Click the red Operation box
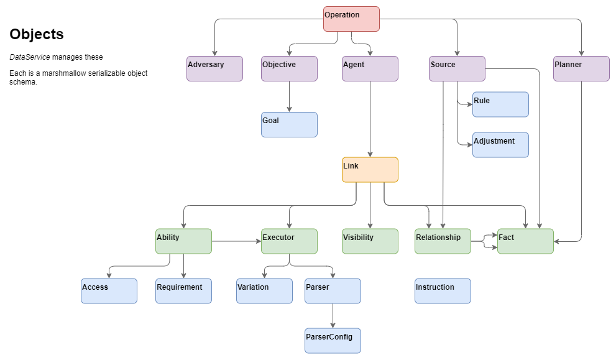coord(351,19)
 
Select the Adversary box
coord(214,68)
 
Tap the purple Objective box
coord(289,68)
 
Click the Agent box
coord(370,68)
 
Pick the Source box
coord(457,68)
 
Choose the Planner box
coord(581,68)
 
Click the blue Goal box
coord(289,124)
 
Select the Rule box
coord(500,104)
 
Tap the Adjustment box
coord(500,145)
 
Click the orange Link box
coord(370,170)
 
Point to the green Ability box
coord(183,241)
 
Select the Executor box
coord(289,241)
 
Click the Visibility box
coord(370,241)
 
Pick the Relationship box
coord(443,241)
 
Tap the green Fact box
coord(525,241)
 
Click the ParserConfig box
coord(333,341)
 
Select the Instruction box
coord(443,291)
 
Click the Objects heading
coord(37,35)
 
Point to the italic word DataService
coord(29,57)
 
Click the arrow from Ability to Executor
coord(236,241)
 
